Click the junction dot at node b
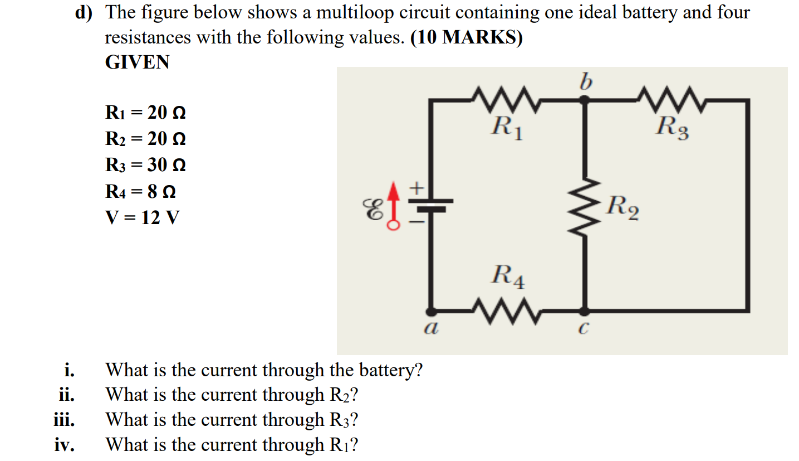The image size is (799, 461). coord(584,100)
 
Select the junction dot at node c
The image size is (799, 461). coord(584,310)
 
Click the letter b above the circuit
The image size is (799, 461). coord(584,83)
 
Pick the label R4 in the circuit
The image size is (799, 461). coord(508,277)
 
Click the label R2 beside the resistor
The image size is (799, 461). coord(622,207)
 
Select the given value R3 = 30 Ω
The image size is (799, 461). coord(145,166)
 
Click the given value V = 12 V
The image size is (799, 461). coord(142,217)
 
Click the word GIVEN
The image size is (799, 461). coord(137,62)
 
